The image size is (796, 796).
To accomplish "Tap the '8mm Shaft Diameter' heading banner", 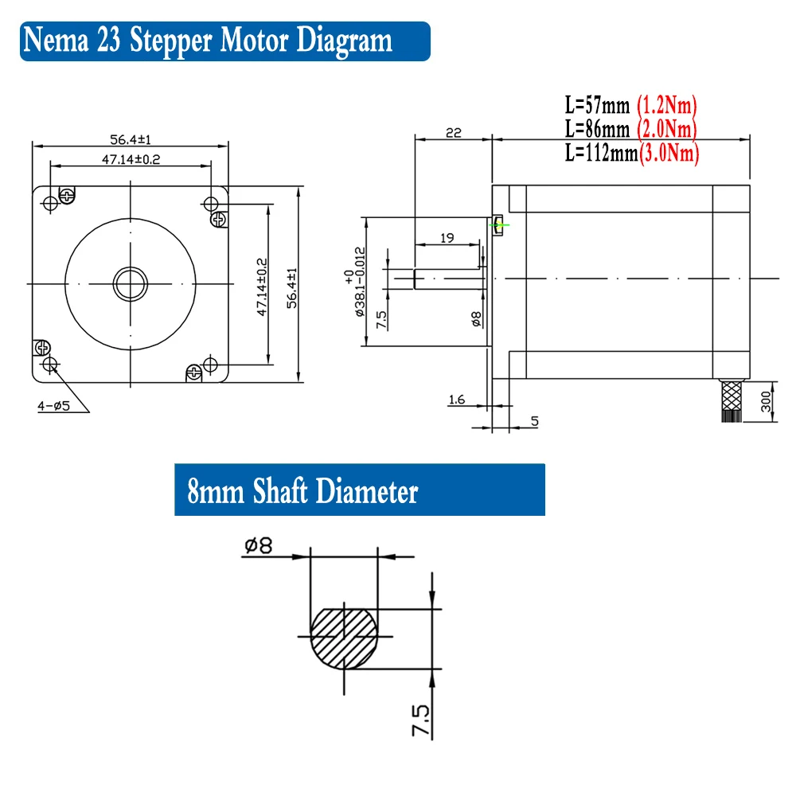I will [302, 491].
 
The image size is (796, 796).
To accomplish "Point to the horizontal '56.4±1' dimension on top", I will [131, 139].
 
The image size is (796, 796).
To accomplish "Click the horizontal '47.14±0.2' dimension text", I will [131, 159].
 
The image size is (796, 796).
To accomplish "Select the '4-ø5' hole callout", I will [53, 406].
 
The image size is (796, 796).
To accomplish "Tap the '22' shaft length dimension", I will [453, 132].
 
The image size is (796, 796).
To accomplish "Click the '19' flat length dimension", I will [447, 238].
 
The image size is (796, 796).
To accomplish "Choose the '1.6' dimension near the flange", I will [456, 400].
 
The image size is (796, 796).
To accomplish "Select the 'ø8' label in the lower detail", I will [258, 545].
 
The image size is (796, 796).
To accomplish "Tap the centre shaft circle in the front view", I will [130, 282].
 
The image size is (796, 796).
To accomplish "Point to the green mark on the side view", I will [499, 224].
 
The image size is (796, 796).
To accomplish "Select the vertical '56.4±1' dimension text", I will [292, 287].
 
